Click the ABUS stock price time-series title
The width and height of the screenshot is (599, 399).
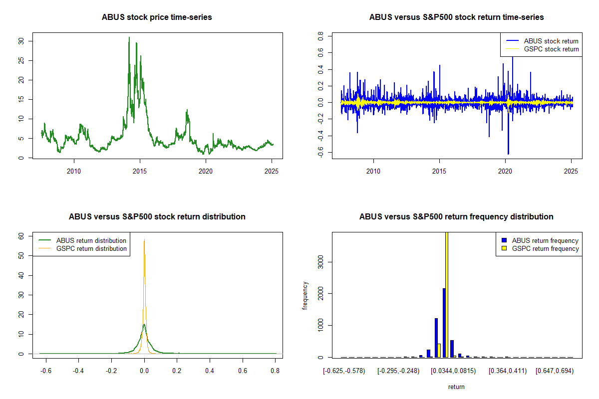pyautogui.click(x=157, y=17)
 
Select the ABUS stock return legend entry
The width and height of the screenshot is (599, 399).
pyautogui.click(x=542, y=41)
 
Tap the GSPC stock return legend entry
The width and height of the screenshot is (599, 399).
pyautogui.click(x=542, y=49)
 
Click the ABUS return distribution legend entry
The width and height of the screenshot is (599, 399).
pyautogui.click(x=82, y=240)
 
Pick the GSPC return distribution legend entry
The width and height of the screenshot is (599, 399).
pyautogui.click(x=82, y=248)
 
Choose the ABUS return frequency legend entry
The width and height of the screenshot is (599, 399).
pyautogui.click(x=540, y=240)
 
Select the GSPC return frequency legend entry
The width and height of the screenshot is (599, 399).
pyautogui.click(x=540, y=248)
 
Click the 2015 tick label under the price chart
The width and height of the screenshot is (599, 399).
pyautogui.click(x=140, y=171)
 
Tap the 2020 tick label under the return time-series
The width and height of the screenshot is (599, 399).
pyautogui.click(x=505, y=171)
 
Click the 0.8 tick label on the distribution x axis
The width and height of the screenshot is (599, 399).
pyautogui.click(x=275, y=371)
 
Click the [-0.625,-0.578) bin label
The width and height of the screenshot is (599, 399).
pyautogui.click(x=344, y=371)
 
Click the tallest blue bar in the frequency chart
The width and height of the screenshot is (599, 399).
pyautogui.click(x=444, y=323)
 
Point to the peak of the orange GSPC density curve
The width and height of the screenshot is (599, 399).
pyautogui.click(x=144, y=239)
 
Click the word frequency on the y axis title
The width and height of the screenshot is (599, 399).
pyautogui.click(x=305, y=296)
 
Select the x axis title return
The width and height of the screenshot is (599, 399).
pyautogui.click(x=456, y=387)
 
